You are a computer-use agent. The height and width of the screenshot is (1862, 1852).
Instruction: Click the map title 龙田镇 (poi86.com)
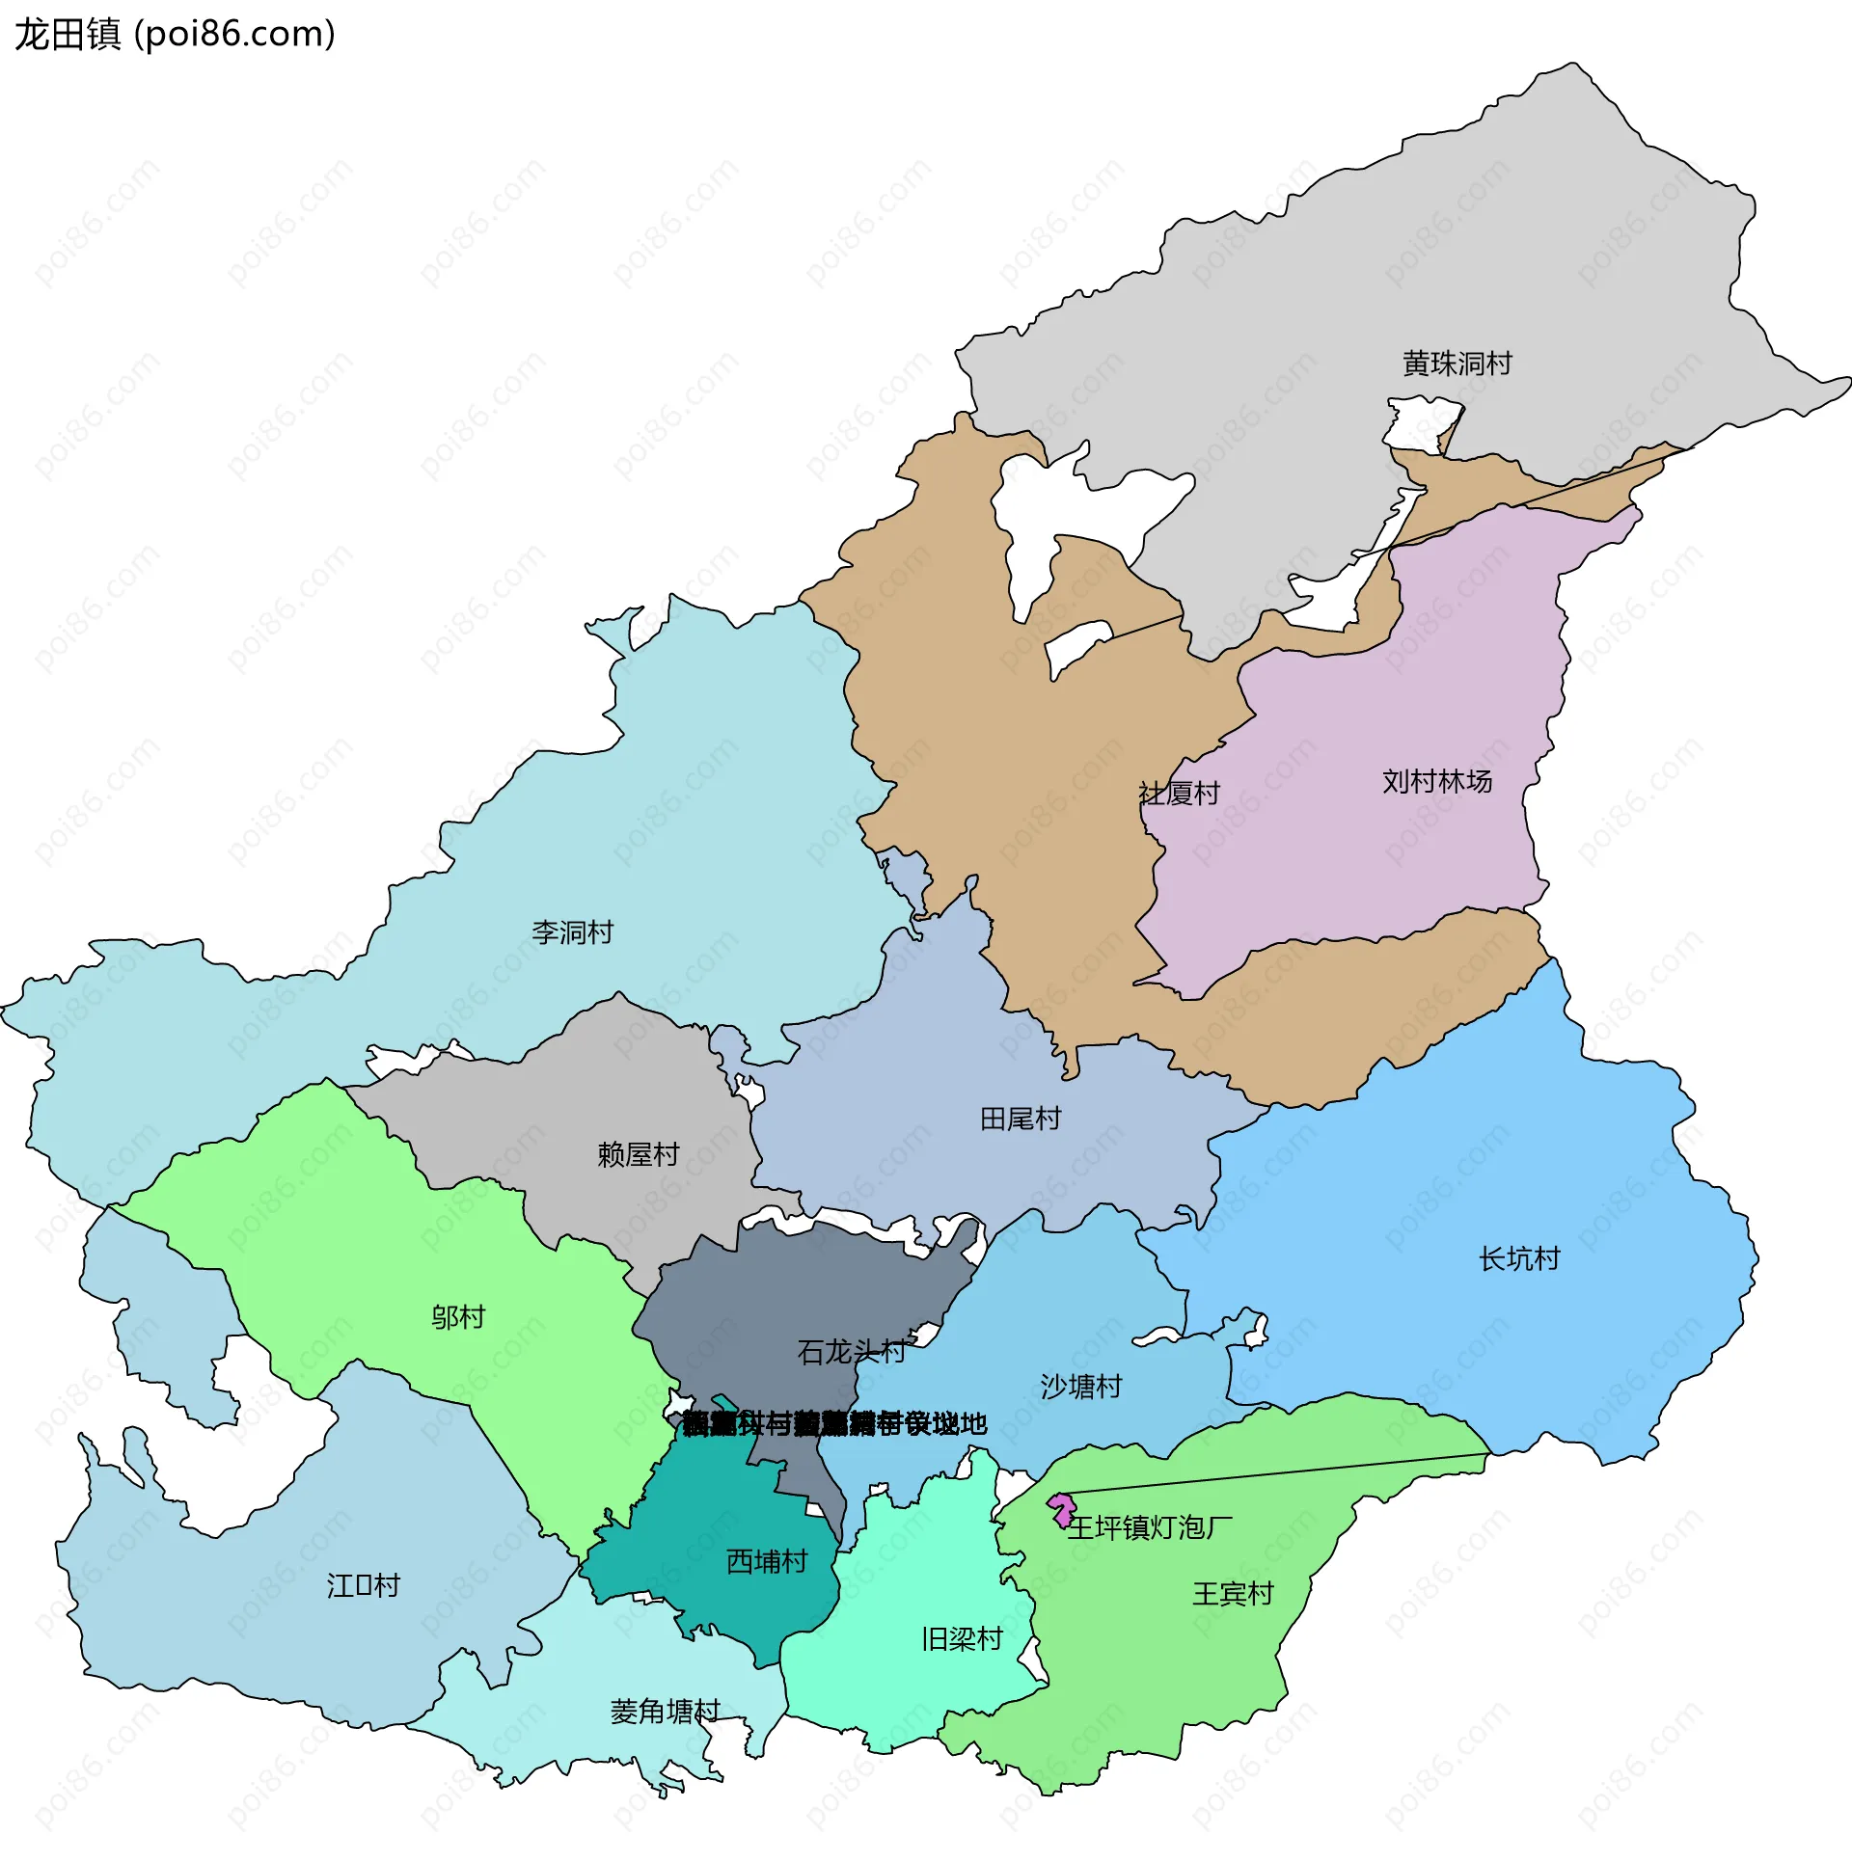[x=175, y=35]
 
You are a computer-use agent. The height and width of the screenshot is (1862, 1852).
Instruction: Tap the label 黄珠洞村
[x=1457, y=364]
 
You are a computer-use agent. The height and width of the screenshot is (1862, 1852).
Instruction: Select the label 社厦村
[x=1179, y=794]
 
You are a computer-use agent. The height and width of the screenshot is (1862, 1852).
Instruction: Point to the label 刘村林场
[x=1436, y=781]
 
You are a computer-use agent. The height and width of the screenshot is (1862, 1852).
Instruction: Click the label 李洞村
[x=572, y=932]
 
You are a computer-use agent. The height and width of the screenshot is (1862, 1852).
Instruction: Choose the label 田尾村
[x=1020, y=1119]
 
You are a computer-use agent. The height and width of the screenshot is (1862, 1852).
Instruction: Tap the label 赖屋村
[x=638, y=1154]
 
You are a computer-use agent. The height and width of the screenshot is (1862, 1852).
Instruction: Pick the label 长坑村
[x=1519, y=1258]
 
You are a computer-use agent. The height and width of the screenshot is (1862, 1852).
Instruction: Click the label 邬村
[x=457, y=1317]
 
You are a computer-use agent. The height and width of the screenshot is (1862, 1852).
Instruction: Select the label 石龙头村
[x=852, y=1352]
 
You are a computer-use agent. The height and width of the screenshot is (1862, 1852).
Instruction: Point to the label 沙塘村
[x=1081, y=1387]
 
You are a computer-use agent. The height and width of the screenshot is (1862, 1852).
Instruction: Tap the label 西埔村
[x=766, y=1561]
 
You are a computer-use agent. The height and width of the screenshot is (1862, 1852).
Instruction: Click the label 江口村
[x=363, y=1585]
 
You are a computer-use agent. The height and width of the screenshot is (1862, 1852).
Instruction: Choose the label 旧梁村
[x=962, y=1638]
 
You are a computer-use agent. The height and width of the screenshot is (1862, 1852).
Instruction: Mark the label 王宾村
[x=1233, y=1594]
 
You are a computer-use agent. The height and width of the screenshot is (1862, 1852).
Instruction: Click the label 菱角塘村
[x=665, y=1712]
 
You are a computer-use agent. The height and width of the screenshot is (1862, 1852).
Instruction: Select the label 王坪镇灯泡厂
[x=1149, y=1527]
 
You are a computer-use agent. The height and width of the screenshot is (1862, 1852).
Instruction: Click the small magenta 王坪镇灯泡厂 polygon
[x=1062, y=1507]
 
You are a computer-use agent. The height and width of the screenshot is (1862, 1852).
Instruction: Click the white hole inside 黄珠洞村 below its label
[x=1423, y=423]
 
